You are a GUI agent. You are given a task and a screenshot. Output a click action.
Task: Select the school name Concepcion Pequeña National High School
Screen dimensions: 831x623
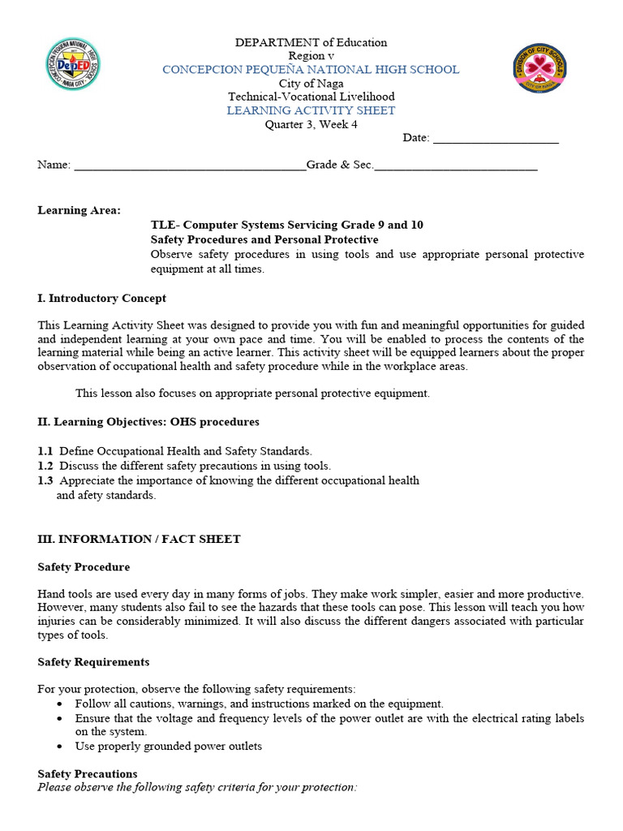pos(311,70)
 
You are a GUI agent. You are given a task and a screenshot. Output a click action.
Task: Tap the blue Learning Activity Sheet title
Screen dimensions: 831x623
pos(311,110)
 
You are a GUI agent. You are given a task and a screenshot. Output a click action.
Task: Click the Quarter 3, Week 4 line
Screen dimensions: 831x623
pos(311,124)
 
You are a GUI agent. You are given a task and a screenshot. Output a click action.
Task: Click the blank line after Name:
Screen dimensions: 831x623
pos(190,166)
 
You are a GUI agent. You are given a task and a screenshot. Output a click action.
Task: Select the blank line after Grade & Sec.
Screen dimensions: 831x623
pos(456,166)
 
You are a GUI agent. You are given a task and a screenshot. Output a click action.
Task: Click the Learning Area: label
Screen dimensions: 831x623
pos(79,210)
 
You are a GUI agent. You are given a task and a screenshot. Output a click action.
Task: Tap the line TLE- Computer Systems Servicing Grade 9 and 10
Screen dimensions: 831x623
pos(286,225)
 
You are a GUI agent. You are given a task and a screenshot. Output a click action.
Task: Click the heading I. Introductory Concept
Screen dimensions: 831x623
pos(101,299)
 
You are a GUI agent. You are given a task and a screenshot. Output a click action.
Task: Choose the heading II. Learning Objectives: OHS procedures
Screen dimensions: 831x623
pos(148,422)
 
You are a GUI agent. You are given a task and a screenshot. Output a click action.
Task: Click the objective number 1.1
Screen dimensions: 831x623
pos(45,451)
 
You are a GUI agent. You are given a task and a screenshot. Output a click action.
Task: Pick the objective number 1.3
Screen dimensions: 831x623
pos(45,480)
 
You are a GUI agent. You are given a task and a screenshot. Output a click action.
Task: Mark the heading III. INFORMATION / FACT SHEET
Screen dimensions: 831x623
pos(139,540)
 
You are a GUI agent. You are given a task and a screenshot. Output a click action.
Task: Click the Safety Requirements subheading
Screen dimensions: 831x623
pos(93,662)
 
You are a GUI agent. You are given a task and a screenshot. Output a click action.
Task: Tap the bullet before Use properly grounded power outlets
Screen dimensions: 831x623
pos(62,747)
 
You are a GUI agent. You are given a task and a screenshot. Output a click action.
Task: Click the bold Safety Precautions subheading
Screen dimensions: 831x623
pos(88,774)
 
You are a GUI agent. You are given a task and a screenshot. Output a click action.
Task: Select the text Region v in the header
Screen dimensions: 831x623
pos(311,56)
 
